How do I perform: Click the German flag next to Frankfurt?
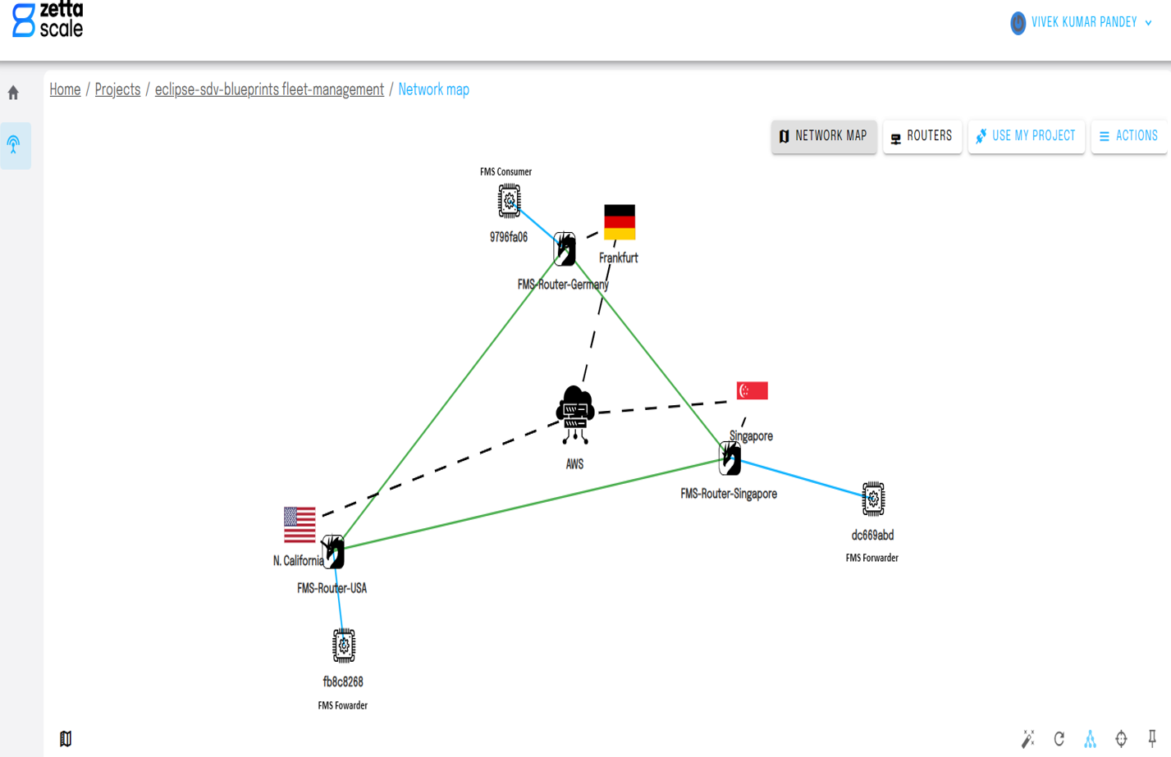click(620, 222)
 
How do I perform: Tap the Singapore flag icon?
click(752, 390)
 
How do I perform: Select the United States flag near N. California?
click(300, 525)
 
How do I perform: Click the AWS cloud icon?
click(574, 414)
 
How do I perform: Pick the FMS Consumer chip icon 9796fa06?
click(509, 201)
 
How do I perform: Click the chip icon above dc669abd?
click(873, 499)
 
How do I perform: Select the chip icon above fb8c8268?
click(344, 646)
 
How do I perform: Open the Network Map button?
click(823, 136)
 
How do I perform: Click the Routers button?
click(922, 136)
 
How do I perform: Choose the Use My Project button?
click(1026, 136)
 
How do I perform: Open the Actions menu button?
click(1128, 136)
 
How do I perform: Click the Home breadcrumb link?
click(65, 89)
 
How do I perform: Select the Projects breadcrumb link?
click(117, 89)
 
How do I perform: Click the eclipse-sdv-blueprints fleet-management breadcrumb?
click(269, 89)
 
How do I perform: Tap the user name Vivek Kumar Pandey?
click(1083, 23)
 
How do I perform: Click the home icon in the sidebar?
click(13, 93)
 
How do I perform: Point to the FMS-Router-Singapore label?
click(729, 494)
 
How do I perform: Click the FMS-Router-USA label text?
click(332, 588)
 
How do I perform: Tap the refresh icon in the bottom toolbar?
click(1059, 739)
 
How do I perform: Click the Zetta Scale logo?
click(48, 20)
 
